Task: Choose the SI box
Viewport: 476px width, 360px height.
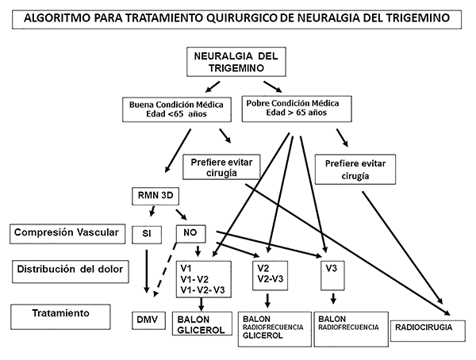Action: (x=148, y=234)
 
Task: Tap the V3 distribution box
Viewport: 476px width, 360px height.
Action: (x=333, y=274)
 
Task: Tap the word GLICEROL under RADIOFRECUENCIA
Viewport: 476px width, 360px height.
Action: (x=259, y=336)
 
